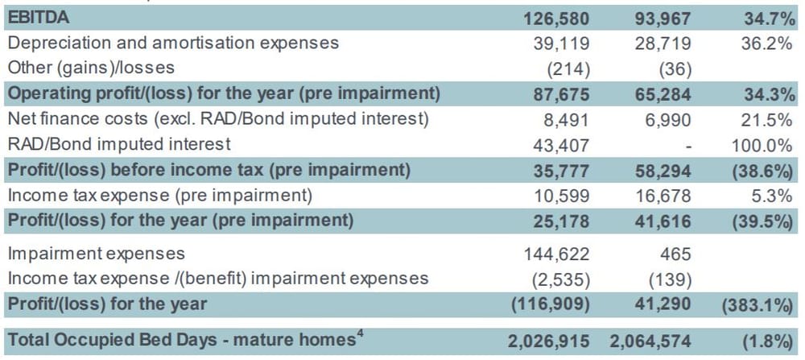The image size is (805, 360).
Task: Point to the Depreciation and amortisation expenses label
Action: point(173,43)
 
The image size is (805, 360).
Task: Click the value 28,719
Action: point(658,43)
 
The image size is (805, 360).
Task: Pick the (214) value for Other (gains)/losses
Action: point(568,68)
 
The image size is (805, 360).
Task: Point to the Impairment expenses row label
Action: point(96,254)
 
